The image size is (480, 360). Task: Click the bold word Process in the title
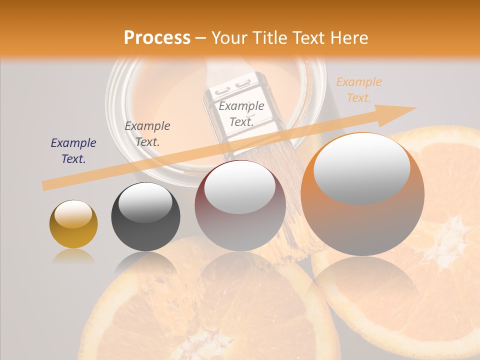tap(157, 38)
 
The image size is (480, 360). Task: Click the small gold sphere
tap(73, 224)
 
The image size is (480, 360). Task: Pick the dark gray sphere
tap(145, 217)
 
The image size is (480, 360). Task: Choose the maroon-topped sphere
tap(240, 205)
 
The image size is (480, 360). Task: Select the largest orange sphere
tap(362, 194)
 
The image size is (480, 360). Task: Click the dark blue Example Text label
tap(73, 151)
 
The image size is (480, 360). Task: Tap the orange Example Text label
tap(358, 90)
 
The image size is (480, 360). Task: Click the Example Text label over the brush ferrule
tap(241, 113)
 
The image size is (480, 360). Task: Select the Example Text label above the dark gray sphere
tap(147, 133)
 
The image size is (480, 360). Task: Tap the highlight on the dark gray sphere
tap(145, 203)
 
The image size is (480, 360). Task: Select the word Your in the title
tap(228, 38)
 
